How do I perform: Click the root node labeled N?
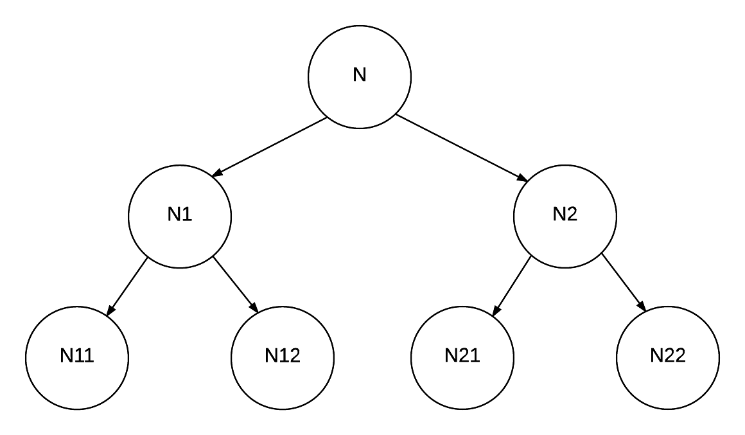coord(360,76)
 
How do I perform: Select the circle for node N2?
coord(565,215)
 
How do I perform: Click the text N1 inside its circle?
coord(180,215)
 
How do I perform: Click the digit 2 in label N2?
coord(572,215)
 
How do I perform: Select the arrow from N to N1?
coord(270,146)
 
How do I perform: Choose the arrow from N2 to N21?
coord(511,285)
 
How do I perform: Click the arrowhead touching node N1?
coord(218,172)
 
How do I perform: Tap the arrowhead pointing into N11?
coord(110,310)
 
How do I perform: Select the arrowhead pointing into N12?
coord(254,308)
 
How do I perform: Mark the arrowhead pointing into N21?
coord(496,310)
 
